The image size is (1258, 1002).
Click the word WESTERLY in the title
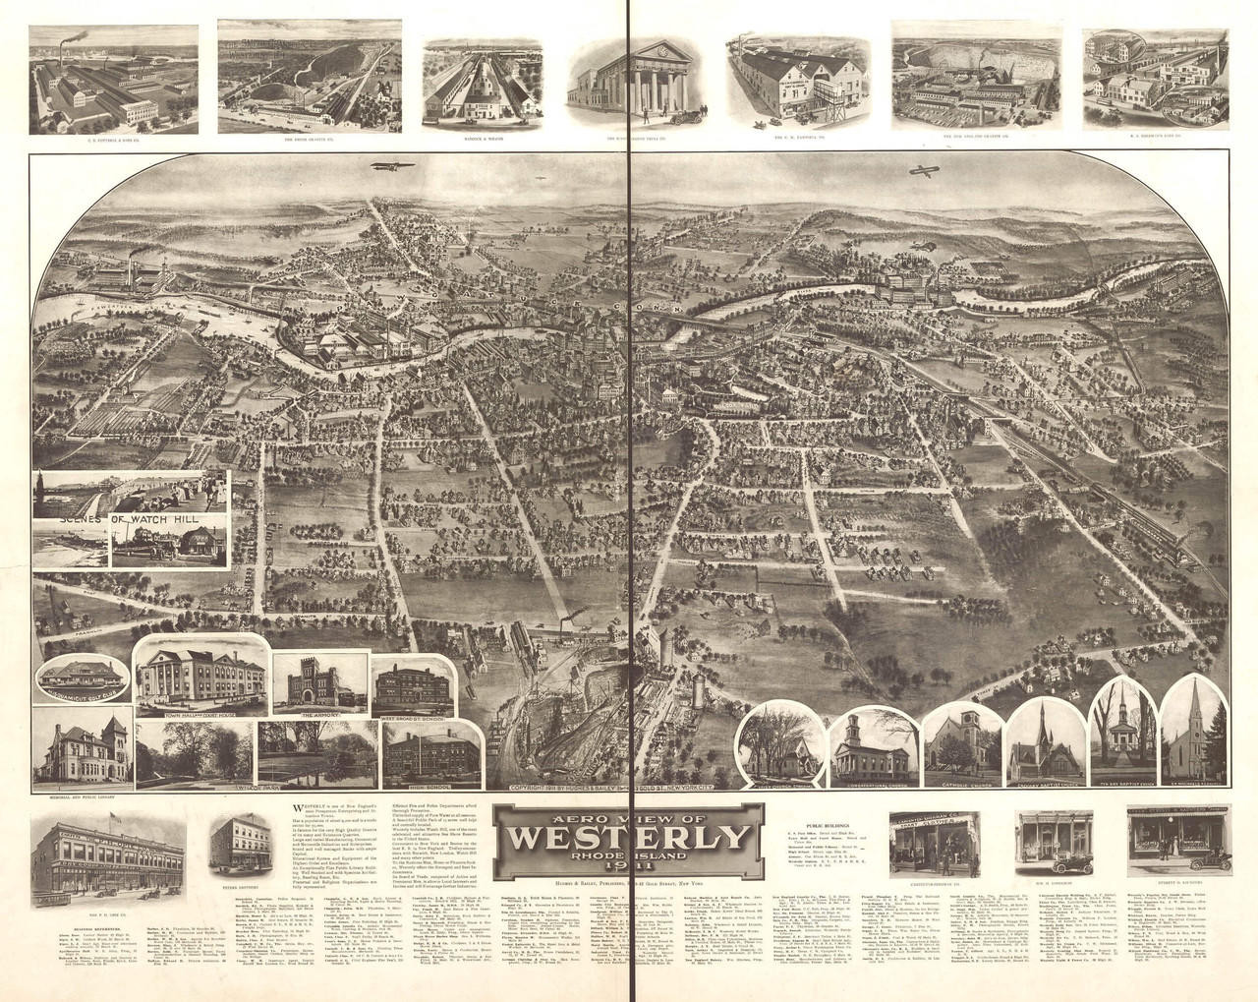[x=626, y=838]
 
